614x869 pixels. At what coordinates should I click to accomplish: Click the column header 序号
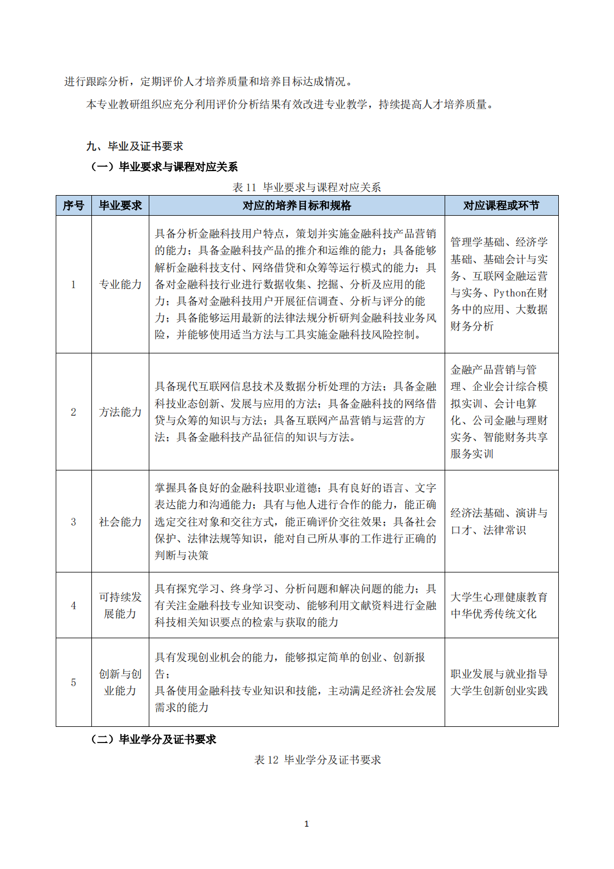74,206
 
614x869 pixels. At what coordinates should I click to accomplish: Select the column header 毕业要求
120,206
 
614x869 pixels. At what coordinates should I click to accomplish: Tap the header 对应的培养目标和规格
296,206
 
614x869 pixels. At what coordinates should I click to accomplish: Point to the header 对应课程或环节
501,206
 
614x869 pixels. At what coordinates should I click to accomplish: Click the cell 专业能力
120,284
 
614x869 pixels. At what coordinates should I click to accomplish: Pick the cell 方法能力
120,412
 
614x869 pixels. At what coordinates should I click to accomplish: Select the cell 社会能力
120,522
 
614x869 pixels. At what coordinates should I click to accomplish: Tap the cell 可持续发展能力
120,605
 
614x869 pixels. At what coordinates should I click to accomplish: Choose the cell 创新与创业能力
120,682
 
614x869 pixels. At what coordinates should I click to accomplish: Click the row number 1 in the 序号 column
74,284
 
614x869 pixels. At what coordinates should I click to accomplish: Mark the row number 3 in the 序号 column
74,522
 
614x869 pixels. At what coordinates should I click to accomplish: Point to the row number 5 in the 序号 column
74,682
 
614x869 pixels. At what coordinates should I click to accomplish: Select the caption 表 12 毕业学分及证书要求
318,760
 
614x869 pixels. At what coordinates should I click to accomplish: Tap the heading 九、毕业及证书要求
134,146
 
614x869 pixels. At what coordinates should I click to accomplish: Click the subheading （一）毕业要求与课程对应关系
164,167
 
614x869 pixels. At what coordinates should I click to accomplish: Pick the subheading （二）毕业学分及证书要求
153,739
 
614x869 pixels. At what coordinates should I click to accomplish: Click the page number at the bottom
306,824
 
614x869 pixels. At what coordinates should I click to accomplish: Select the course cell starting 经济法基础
499,522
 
